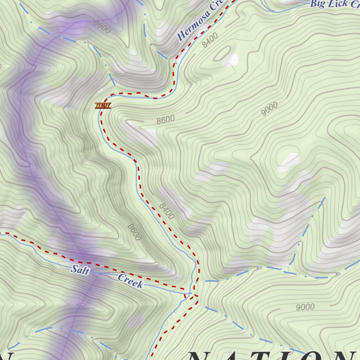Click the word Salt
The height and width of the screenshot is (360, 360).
(80, 270)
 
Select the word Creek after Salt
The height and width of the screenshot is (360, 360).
(130, 281)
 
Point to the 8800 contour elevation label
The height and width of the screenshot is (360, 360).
(102, 26)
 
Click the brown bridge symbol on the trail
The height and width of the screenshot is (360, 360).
(103, 105)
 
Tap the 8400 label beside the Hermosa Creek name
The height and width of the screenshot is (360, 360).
(210, 40)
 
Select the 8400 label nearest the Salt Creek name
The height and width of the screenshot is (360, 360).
(167, 211)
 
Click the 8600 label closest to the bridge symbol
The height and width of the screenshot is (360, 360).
(166, 120)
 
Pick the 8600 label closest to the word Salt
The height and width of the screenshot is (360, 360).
(134, 232)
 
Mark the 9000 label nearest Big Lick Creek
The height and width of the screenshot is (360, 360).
(270, 109)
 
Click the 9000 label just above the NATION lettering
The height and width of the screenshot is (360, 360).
(305, 307)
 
